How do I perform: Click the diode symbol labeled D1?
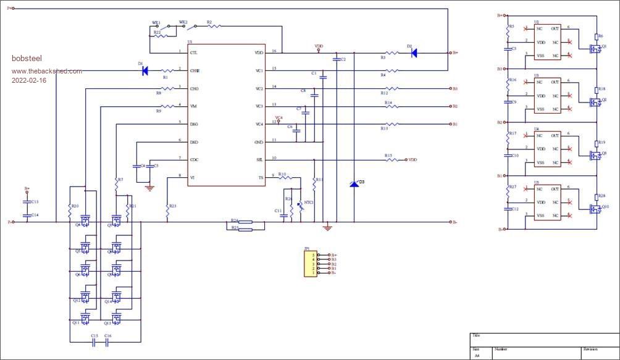click(145, 71)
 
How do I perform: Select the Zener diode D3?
click(354, 183)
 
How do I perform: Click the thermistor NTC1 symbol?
click(301, 207)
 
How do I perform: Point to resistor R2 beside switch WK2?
click(212, 27)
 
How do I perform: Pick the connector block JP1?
click(310, 264)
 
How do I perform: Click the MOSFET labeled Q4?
click(85, 220)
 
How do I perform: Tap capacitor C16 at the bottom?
click(108, 342)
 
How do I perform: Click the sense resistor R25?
click(245, 229)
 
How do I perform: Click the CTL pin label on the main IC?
click(194, 53)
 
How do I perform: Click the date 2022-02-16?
click(28, 81)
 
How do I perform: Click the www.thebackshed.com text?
click(46, 71)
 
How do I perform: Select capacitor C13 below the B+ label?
click(27, 202)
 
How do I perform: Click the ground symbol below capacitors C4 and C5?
click(148, 186)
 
